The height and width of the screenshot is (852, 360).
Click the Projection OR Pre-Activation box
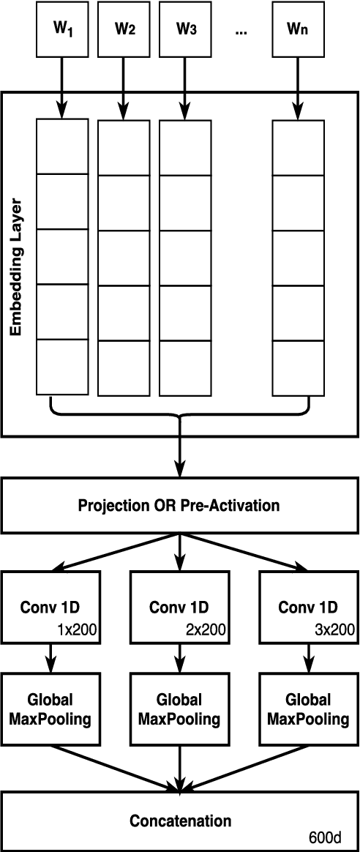179,506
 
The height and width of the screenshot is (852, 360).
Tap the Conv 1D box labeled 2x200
179,607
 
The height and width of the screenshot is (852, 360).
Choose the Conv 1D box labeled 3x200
308,607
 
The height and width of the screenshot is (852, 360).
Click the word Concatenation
180,821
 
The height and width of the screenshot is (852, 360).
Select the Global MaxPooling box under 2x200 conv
179,709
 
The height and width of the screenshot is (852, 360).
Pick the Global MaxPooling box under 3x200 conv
308,709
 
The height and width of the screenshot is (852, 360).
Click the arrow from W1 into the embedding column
61,88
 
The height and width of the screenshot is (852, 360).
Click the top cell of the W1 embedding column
62,146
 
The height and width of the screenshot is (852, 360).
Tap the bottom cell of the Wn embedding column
298,368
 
